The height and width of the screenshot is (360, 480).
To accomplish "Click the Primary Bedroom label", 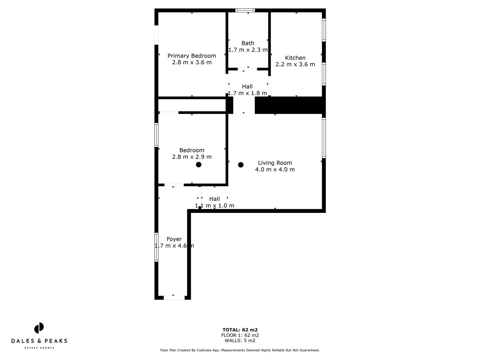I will (x=192, y=56).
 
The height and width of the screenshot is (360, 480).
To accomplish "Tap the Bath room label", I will (x=248, y=43).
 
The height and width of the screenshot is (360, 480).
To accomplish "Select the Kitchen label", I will (x=295, y=58).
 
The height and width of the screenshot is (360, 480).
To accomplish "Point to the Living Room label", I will (x=275, y=163).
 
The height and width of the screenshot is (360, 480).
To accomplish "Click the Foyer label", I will (x=174, y=239).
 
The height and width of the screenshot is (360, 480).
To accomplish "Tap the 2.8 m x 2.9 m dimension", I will (x=192, y=157).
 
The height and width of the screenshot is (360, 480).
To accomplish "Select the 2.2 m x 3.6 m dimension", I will (x=295, y=64).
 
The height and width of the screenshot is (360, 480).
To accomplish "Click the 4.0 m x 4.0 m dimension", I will (x=275, y=169).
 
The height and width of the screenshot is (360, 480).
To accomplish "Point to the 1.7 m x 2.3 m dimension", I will (x=248, y=50).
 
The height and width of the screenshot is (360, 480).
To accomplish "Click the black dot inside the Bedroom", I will (x=199, y=164).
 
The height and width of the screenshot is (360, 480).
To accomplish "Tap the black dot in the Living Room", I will (x=241, y=165).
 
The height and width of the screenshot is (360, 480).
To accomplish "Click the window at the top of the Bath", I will (x=245, y=10).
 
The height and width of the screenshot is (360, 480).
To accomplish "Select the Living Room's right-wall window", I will (x=324, y=137).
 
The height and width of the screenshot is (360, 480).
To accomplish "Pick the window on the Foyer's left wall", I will (x=156, y=247).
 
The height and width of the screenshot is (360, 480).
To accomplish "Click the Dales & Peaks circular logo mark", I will (x=39, y=328).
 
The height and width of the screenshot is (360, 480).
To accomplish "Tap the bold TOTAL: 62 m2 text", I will (x=240, y=330).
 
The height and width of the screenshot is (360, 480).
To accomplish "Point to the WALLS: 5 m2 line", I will (x=240, y=341).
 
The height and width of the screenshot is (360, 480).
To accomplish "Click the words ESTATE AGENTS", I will (x=39, y=348).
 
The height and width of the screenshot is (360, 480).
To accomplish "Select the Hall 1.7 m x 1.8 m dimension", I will (x=247, y=93).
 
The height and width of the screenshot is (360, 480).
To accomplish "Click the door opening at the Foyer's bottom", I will (x=174, y=298).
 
